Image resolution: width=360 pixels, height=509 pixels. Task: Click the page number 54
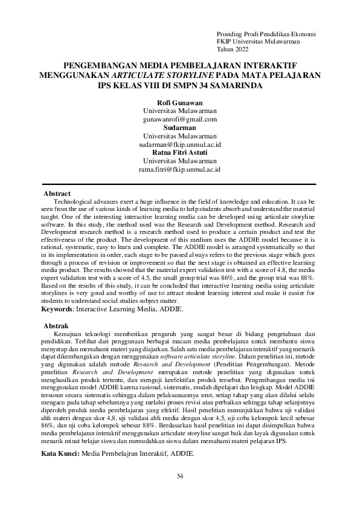(x=180, y=476)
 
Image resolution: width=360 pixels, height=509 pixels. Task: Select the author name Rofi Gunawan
(x=179, y=103)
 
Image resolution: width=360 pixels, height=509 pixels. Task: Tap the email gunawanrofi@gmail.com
(x=179, y=120)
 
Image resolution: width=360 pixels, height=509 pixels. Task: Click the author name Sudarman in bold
(x=179, y=128)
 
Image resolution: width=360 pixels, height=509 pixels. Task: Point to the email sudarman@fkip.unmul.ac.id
(x=179, y=145)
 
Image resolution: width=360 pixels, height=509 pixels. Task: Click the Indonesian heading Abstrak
(x=57, y=326)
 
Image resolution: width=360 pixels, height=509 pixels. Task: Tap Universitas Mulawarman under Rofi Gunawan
(x=179, y=112)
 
